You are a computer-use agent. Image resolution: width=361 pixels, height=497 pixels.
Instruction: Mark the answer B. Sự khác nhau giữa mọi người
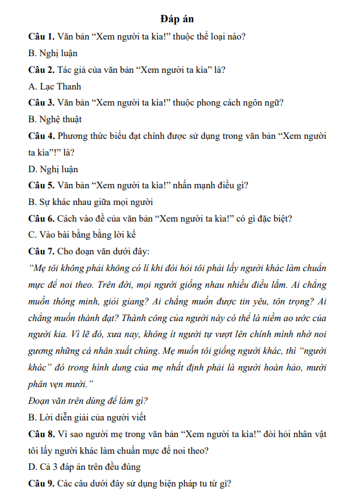pos(91,201)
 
